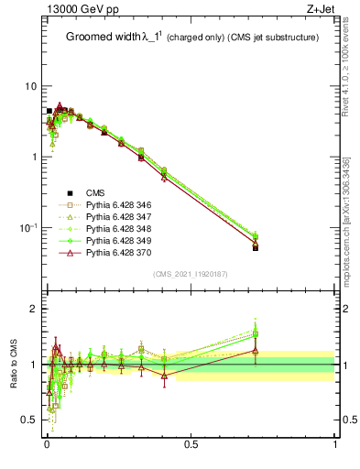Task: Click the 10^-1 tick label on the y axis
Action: pos(27,227)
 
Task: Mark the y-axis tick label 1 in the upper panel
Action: pos(34,157)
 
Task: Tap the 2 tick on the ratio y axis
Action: pos(34,310)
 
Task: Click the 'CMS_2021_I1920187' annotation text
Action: pos(191,274)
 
